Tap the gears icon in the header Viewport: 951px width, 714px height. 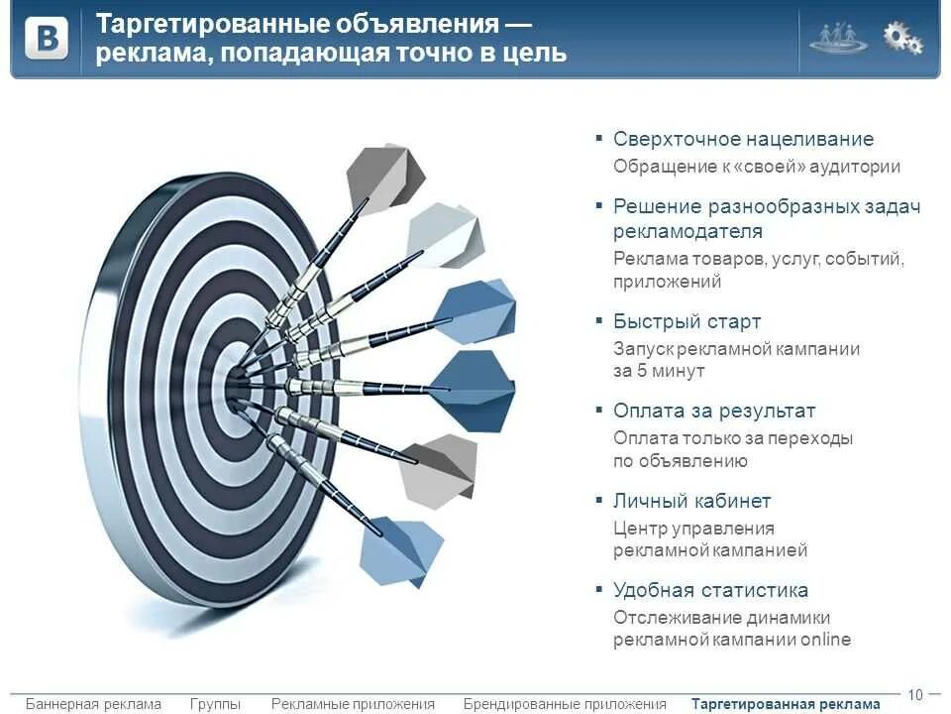902,38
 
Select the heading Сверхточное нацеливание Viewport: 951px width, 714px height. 743,140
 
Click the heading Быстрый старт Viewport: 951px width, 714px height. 687,321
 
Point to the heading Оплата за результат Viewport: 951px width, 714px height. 713,411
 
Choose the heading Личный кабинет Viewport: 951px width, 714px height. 691,501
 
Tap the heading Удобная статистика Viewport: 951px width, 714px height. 710,590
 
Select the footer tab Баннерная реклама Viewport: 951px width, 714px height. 93,704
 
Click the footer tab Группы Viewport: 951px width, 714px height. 215,704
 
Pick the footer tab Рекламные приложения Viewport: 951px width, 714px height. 353,704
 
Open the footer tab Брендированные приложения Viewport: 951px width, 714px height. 565,704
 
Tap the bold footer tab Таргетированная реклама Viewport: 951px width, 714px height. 786,704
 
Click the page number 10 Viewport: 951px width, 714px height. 915,694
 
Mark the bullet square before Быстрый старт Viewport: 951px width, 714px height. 598,320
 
